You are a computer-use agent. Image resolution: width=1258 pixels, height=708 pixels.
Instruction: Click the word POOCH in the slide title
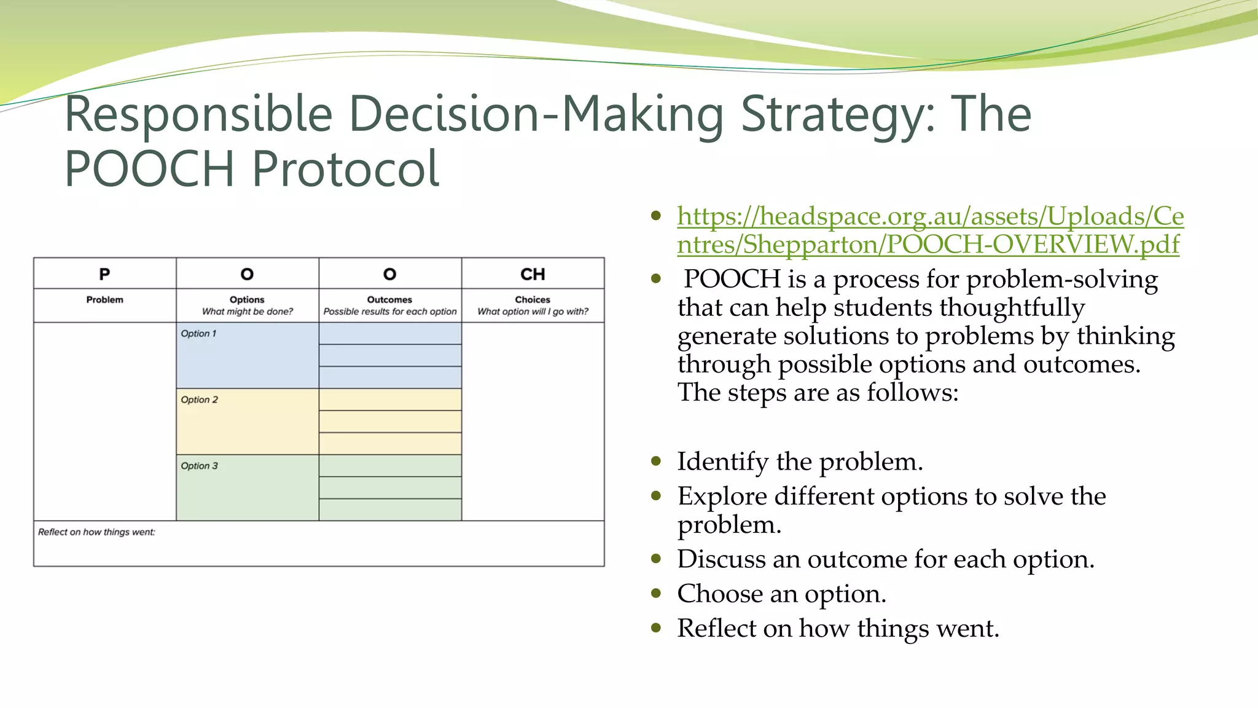149,169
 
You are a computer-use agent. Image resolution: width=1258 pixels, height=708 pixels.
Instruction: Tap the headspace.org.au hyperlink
929,230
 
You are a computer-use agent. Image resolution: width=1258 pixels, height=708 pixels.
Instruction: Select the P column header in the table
104,274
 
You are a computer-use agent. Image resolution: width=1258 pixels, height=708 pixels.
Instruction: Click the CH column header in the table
533,274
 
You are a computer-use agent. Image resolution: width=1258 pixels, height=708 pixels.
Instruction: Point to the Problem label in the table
104,300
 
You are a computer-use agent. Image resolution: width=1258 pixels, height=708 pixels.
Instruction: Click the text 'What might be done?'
248,312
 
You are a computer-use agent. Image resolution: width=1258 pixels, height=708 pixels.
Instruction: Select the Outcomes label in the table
389,300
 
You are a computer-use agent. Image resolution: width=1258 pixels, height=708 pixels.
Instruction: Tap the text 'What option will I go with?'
533,312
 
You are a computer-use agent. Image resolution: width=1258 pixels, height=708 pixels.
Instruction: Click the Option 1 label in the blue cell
198,334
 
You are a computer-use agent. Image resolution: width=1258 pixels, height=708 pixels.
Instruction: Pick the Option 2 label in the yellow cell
199,400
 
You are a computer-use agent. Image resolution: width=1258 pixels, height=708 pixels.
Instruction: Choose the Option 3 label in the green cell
199,466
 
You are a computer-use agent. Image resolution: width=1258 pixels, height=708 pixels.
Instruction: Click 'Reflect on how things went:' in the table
96,532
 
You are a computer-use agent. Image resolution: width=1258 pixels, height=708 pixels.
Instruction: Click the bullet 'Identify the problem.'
800,462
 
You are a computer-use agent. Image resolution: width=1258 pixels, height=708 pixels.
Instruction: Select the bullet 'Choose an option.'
781,594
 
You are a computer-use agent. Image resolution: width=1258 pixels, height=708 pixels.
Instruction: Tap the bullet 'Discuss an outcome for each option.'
885,559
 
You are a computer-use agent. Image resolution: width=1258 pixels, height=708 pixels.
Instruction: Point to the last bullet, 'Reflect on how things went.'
838,628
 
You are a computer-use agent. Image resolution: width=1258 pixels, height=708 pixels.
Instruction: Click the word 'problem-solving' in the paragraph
1061,280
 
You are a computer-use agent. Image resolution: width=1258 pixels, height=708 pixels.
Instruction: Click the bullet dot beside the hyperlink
657,216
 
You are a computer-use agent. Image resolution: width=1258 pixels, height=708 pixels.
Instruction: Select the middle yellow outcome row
390,422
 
